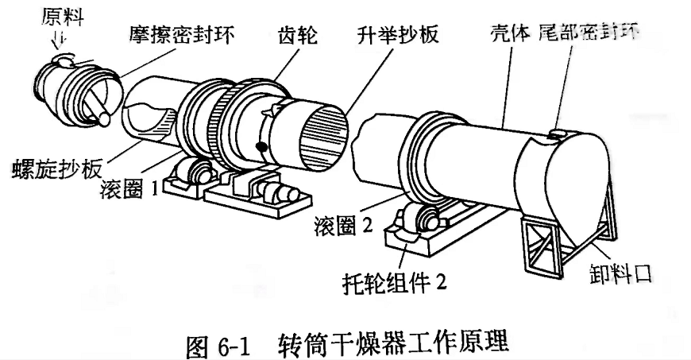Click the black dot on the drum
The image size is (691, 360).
pos(261,146)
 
